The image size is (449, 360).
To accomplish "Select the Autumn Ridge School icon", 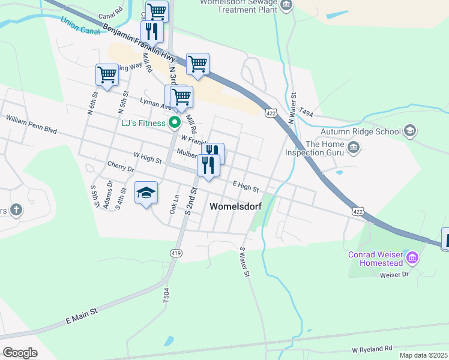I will tap(410, 131).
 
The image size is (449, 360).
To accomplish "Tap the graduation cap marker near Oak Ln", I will tap(146, 193).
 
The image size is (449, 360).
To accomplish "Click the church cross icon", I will tap(16, 210).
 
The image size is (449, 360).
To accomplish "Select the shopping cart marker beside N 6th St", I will tap(107, 75).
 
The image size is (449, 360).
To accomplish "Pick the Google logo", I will tap(20, 352).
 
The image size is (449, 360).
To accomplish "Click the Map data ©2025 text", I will tap(423, 355).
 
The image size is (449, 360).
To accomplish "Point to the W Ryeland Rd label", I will tap(372, 349).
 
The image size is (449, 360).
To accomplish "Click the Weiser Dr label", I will tap(394, 275).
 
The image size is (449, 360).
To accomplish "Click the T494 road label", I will tap(306, 112).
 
